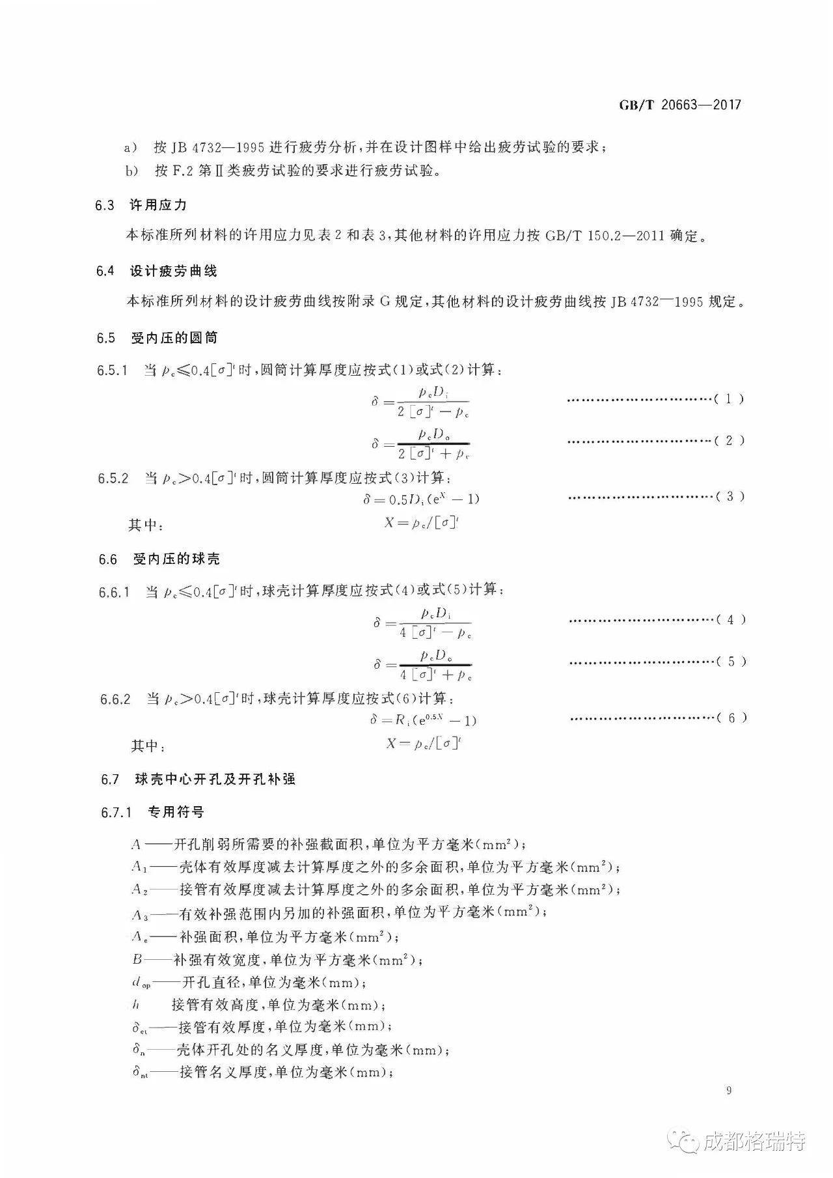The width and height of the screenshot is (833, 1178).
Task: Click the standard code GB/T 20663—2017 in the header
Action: click(x=679, y=105)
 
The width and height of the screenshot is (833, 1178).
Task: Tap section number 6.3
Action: click(x=105, y=206)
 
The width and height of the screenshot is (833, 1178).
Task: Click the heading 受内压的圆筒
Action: click(x=174, y=338)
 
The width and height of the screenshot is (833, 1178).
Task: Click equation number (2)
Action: click(x=730, y=441)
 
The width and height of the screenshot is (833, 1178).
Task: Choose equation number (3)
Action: click(x=730, y=497)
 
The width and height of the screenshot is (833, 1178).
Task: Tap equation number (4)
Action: click(x=731, y=620)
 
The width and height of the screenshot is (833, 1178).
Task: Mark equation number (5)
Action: click(x=731, y=662)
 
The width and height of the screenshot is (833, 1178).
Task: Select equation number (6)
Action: click(x=732, y=718)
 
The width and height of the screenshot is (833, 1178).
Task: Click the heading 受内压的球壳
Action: click(x=176, y=559)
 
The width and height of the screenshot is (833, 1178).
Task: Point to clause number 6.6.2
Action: click(x=115, y=699)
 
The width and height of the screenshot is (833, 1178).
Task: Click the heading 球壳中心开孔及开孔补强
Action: click(x=215, y=779)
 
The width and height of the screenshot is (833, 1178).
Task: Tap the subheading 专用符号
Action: click(x=176, y=812)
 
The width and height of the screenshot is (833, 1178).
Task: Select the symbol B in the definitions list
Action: click(x=137, y=960)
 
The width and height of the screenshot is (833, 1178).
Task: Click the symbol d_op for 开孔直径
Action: click(x=141, y=983)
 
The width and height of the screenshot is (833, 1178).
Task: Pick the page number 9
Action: click(x=729, y=1091)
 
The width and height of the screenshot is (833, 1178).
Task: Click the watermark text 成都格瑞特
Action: click(x=755, y=1142)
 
